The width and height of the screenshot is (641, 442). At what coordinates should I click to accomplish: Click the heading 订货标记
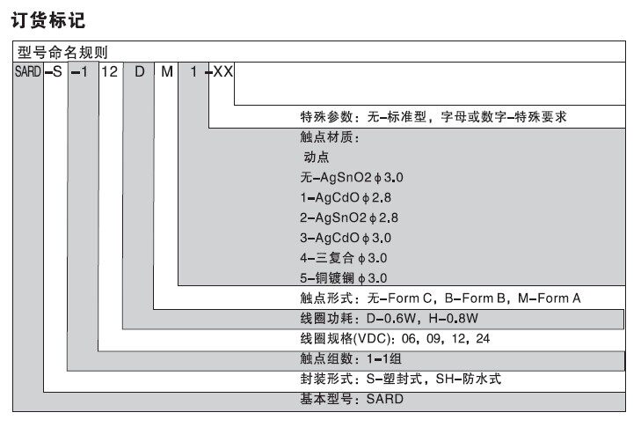coord(50,18)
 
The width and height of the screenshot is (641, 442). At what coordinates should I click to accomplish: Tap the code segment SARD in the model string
coord(27,71)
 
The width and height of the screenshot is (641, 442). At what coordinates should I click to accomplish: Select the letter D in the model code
coord(139,71)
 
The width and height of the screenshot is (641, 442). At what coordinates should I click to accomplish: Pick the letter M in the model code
coord(166,71)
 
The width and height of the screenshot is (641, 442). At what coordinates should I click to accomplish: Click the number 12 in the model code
coord(109,71)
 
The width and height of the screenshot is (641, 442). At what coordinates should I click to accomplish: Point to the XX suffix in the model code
coord(223,71)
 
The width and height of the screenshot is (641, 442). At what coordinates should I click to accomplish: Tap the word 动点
coord(315,158)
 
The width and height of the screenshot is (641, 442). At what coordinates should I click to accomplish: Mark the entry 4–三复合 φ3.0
coord(343,258)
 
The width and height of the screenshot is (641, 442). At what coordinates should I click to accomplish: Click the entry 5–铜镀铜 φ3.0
coord(343,278)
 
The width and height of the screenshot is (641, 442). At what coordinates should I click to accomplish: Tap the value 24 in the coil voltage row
coord(483,339)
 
